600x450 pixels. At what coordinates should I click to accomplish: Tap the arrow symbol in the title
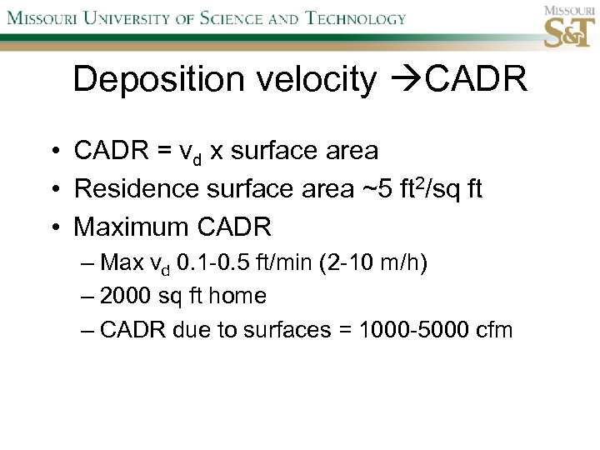[403, 80]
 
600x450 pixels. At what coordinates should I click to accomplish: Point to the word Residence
[129, 189]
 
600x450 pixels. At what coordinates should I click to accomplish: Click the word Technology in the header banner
[354, 18]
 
